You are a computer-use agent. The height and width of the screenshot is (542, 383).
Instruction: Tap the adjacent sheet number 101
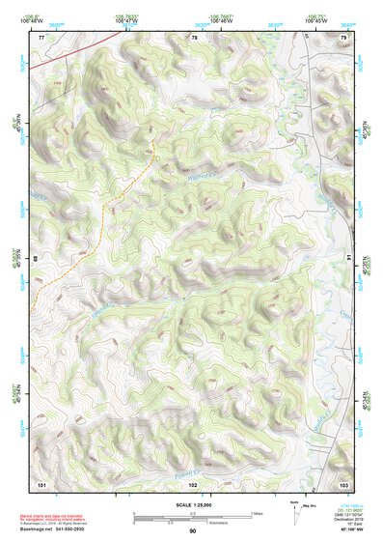click(x=41, y=482)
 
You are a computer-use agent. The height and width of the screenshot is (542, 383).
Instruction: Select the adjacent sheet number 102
click(x=193, y=482)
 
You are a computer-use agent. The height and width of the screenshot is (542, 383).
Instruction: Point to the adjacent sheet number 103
click(x=343, y=482)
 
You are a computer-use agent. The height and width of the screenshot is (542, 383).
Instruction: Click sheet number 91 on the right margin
click(x=347, y=258)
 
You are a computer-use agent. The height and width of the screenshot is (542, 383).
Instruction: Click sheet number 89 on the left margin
click(x=38, y=259)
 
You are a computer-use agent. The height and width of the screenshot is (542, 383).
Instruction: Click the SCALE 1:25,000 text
click(x=193, y=504)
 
